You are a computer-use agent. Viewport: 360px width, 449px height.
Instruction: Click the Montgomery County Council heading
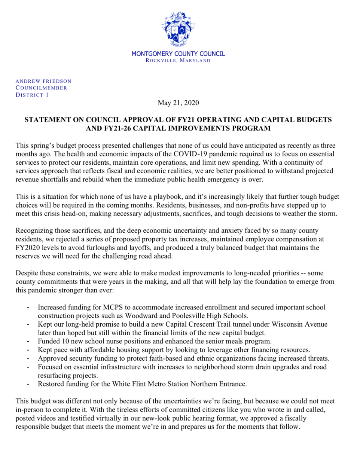[x=178, y=54]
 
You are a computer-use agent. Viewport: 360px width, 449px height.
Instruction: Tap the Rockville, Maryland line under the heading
[x=178, y=61]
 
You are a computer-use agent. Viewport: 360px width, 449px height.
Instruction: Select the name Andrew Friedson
[x=43, y=81]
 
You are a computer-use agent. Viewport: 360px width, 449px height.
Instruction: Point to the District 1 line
[x=32, y=95]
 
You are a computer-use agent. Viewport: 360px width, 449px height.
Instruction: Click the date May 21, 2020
[x=178, y=103]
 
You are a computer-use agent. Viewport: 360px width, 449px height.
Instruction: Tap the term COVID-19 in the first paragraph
[x=167, y=154]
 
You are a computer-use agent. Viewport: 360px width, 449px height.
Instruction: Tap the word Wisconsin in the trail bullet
[x=280, y=324]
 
